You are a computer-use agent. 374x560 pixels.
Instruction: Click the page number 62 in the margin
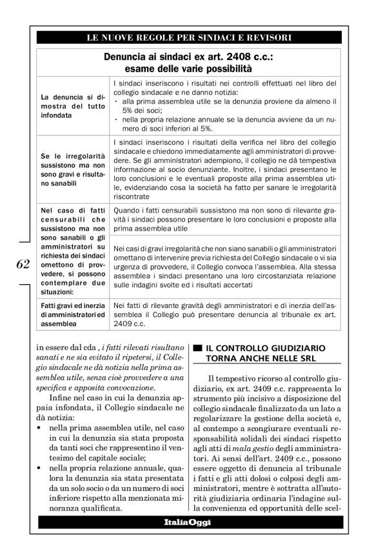19,264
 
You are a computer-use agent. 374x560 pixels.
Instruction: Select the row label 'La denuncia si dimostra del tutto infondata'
70,106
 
